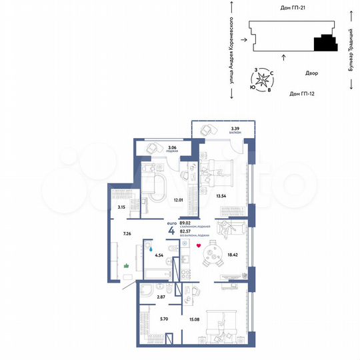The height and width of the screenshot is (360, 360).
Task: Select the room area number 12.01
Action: point(178,199)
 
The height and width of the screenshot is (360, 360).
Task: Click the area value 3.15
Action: point(121,207)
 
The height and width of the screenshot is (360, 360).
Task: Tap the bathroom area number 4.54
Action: point(159,254)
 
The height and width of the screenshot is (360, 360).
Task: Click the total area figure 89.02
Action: point(176,224)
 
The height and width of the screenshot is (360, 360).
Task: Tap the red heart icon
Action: point(197,246)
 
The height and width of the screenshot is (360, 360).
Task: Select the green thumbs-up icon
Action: point(126,265)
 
